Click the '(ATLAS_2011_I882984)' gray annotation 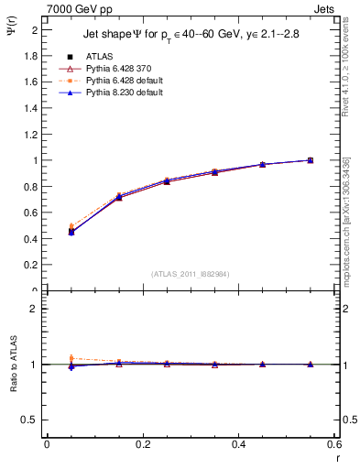click(190, 273)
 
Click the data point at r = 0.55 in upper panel click(310, 160)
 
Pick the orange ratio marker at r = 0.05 click(71, 358)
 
